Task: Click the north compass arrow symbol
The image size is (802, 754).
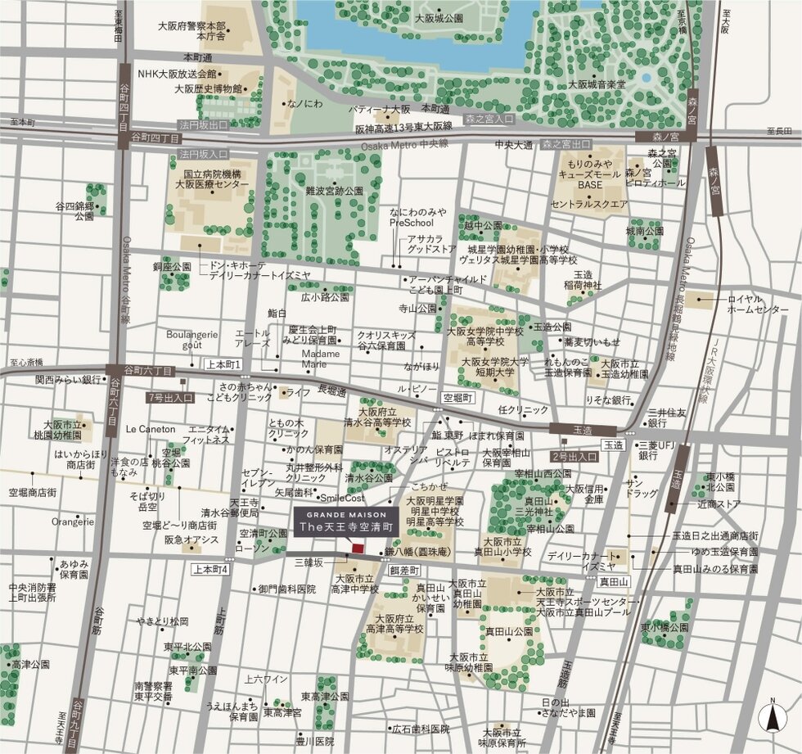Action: pos(770,718)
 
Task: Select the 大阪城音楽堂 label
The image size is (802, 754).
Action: pos(597,84)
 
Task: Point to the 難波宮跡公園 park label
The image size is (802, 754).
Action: pos(334,190)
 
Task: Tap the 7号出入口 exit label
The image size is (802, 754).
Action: pos(170,397)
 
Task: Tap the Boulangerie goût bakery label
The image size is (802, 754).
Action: pos(191,340)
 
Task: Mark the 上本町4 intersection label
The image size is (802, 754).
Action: pos(212,568)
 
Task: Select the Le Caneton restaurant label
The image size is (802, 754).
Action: pos(151,429)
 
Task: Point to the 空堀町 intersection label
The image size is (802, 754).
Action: pos(458,397)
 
